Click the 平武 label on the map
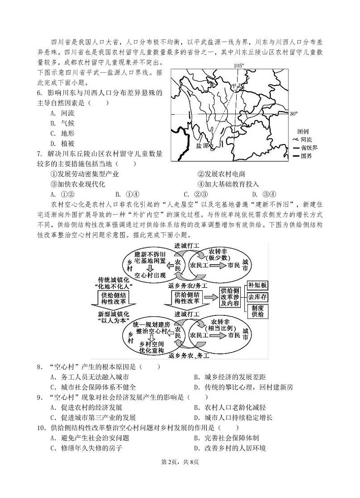(236, 86)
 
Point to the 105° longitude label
(239, 66)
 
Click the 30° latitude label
(294, 113)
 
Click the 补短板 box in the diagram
(257, 285)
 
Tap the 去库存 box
(257, 298)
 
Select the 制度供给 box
(257, 311)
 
